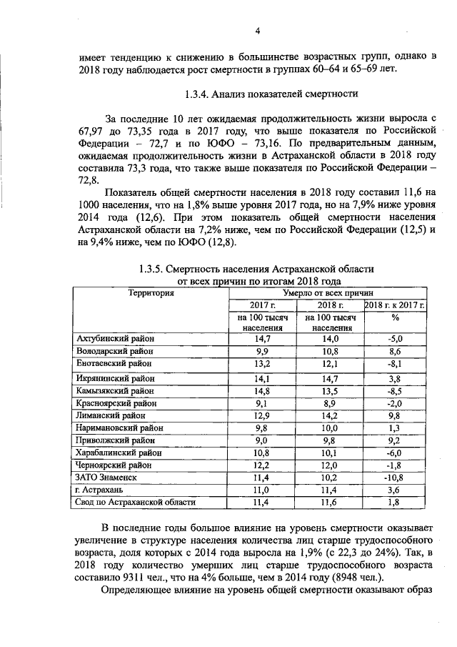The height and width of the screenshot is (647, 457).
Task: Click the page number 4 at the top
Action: pos(258,30)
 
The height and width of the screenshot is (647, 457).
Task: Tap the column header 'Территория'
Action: pos(151,292)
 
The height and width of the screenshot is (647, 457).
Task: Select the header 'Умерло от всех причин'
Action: pos(328,292)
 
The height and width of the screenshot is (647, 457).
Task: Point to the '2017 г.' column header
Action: pos(261,305)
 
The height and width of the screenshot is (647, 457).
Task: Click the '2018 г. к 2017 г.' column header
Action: pos(395,305)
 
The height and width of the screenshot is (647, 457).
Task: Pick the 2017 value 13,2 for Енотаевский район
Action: pos(261,364)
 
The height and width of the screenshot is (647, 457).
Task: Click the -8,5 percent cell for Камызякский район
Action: pos(395,391)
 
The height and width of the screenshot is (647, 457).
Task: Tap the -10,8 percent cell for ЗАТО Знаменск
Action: pos(395,477)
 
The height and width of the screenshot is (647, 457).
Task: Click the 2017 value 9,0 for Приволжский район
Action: pos(261,440)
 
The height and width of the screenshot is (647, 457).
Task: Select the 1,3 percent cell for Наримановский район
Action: pos(395,428)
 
